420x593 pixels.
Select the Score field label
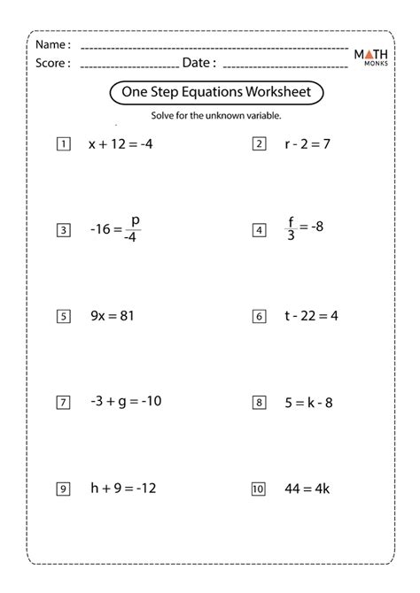[x=54, y=63]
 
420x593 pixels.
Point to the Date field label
[x=198, y=63]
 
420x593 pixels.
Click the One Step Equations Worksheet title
[x=215, y=93]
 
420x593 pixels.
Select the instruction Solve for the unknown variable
[x=216, y=115]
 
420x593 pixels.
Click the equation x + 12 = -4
[x=121, y=143]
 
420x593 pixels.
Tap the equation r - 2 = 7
[x=302, y=143]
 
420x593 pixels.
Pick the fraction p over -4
[x=134, y=228]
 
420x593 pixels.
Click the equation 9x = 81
[x=111, y=315]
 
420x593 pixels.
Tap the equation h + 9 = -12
[x=122, y=488]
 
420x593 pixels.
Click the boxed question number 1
[x=63, y=143]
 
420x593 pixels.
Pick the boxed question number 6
[x=260, y=316]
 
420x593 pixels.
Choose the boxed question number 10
[x=259, y=488]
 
